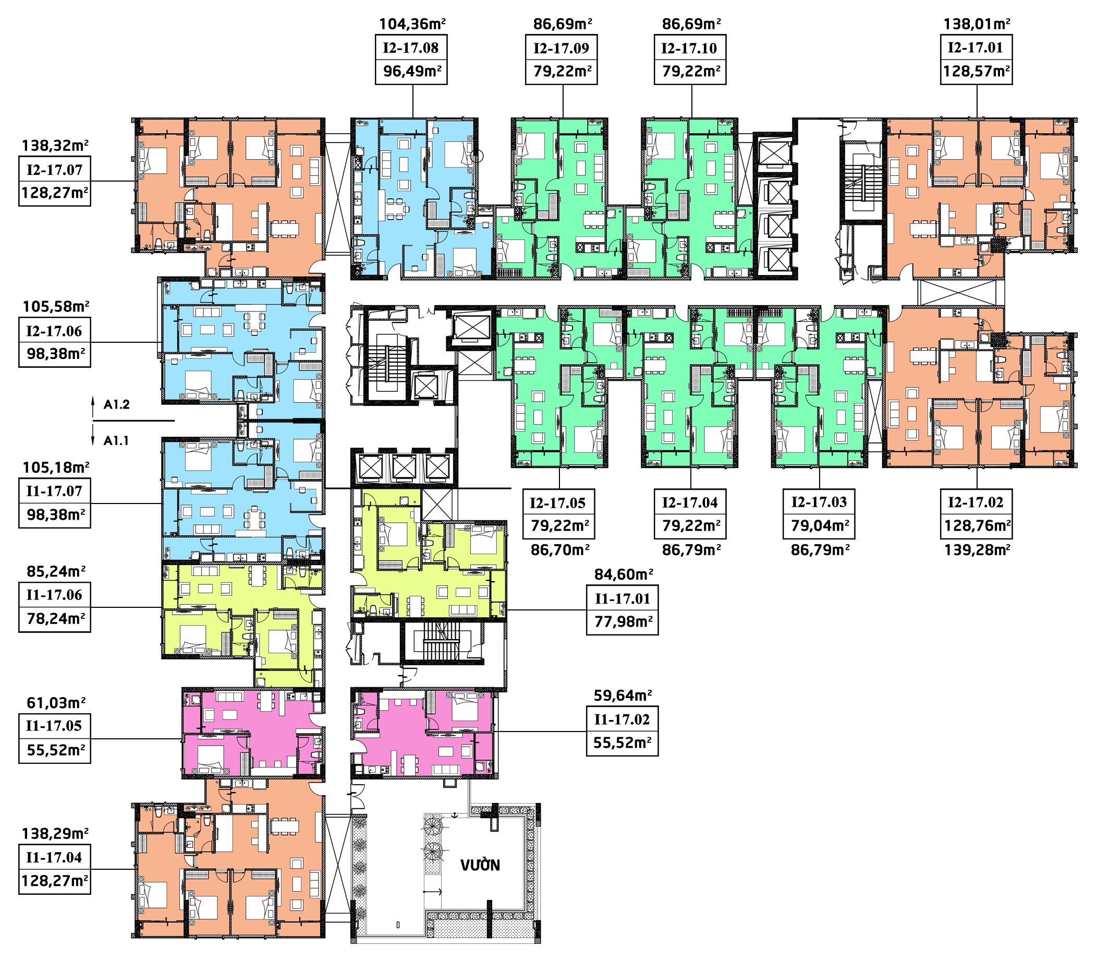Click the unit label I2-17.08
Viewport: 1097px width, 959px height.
tap(411, 48)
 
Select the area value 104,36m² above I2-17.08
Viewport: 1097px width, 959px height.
tap(412, 24)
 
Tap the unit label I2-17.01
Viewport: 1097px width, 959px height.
tap(976, 47)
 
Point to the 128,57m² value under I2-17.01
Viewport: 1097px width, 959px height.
tap(977, 71)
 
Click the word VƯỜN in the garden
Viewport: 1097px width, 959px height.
tap(480, 866)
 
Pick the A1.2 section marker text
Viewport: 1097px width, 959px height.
tap(117, 405)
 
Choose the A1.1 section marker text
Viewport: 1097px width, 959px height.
tap(117, 441)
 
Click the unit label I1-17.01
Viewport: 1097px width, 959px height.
tap(622, 599)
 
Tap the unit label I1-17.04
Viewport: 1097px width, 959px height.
tap(55, 858)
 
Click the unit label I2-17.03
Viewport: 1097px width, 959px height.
tap(819, 503)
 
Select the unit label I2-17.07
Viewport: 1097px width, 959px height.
tap(55, 170)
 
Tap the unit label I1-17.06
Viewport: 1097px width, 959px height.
tap(55, 595)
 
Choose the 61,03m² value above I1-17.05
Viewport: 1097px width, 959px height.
tap(56, 702)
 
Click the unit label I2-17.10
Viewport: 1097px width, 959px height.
tap(690, 48)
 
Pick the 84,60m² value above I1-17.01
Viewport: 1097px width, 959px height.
tap(624, 575)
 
